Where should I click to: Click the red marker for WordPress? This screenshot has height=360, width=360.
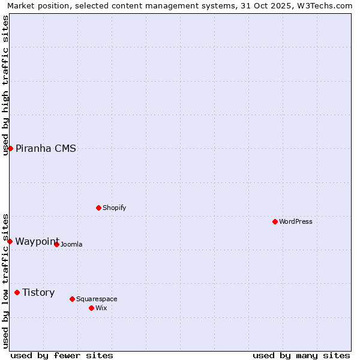coord(275,221)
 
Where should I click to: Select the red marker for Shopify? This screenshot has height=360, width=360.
coord(98,208)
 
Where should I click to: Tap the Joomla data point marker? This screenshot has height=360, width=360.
coord(57,244)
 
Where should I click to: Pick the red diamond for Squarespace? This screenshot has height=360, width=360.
coord(72,299)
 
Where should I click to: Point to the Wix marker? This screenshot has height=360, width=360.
coord(91,308)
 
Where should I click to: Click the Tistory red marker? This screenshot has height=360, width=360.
coord(17,292)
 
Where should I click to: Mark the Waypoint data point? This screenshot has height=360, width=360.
coord(10,241)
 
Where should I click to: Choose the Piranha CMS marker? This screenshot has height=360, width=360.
coord(10,148)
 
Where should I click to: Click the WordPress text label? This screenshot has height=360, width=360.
coord(296,221)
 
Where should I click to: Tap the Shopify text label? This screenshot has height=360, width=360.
coord(115,208)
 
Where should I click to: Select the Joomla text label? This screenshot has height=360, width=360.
coord(71,244)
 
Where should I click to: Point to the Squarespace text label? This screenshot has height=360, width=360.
coord(97,299)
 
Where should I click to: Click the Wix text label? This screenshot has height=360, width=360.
coord(101,308)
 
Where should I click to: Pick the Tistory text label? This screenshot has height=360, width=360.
coord(38,292)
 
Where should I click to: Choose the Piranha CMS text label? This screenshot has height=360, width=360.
coord(46,148)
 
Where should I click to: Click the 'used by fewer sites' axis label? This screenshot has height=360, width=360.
coord(62,355)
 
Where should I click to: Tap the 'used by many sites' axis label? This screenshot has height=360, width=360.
coord(301,355)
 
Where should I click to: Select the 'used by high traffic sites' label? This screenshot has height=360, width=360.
coord(5,85)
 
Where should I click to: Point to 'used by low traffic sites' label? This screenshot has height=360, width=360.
coord(5,280)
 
